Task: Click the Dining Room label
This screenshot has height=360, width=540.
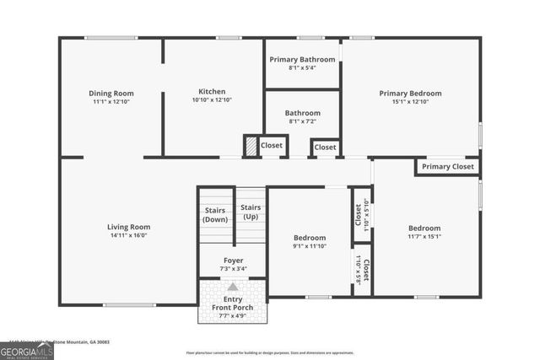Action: pos(111,93)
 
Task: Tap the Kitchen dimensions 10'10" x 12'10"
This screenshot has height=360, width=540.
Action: pos(211,100)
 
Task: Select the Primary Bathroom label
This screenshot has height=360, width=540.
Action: pos(302,59)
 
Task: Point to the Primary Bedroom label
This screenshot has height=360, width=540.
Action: pos(410,93)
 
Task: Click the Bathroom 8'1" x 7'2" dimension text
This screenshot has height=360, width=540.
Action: pos(302,121)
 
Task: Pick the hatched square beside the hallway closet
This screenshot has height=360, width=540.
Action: pos(250,146)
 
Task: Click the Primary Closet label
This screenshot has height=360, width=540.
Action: pos(448,167)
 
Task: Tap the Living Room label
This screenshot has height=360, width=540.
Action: pos(128,227)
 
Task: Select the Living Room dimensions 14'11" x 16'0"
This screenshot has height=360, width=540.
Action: pos(128,236)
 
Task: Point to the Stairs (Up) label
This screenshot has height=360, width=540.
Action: pos(251,212)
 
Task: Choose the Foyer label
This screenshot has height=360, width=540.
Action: pos(233,261)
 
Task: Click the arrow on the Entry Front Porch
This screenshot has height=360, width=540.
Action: pos(233,287)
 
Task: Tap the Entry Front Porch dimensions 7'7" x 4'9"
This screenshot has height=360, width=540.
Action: pos(233,315)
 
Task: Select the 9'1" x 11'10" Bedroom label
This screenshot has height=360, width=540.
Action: pos(310,247)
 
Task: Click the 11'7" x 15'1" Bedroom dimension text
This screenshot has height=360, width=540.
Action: pos(424,237)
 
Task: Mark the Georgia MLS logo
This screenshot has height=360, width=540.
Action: pos(27,350)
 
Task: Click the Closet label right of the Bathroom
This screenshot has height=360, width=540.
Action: pos(325,148)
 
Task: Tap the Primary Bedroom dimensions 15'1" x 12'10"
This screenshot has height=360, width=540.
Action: pos(410,101)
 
